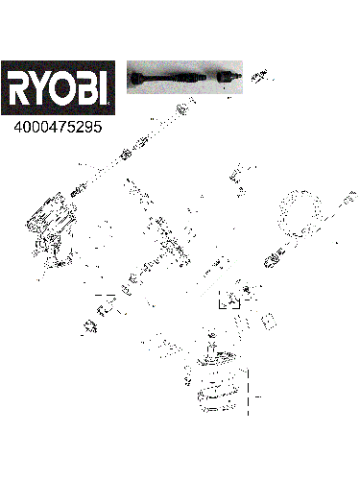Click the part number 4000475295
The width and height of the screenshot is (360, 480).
click(55, 125)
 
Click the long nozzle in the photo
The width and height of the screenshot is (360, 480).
click(173, 77)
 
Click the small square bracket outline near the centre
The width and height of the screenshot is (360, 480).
click(231, 300)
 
